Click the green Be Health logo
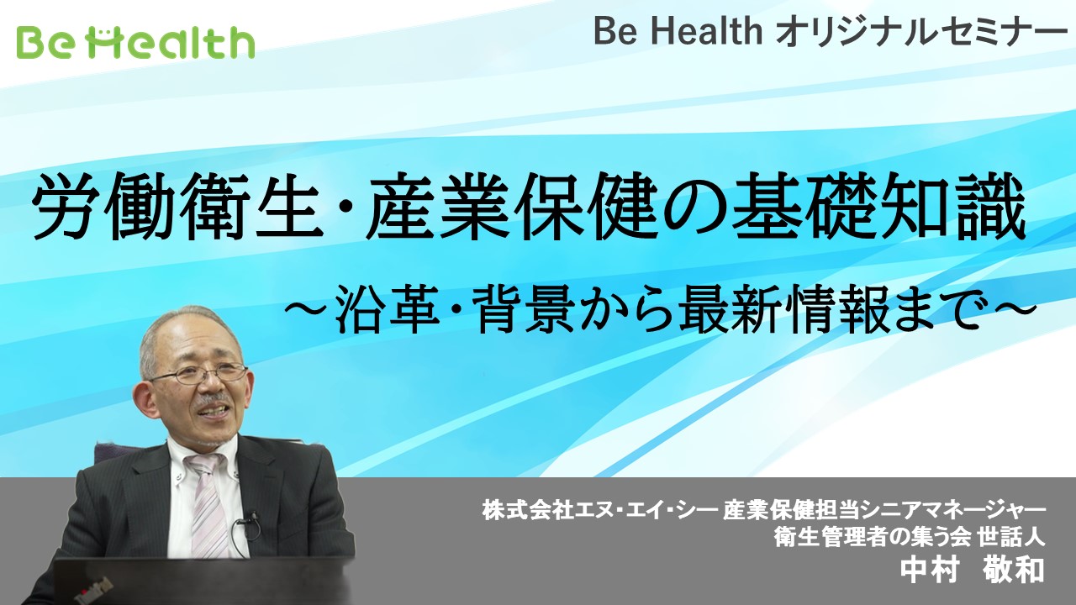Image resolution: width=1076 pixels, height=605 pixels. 135,42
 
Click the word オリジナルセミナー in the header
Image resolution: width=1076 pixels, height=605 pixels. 920,32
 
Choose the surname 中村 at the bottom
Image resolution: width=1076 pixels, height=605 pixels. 930,570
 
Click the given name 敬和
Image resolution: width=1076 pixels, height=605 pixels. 1014,570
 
